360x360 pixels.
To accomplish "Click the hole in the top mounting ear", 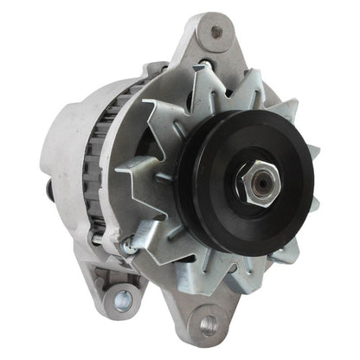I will tap(215, 33).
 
